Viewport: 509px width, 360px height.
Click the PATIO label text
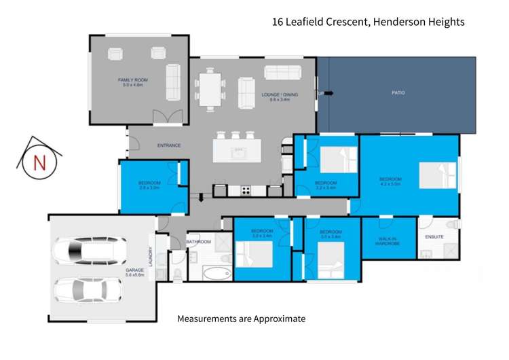[398, 92]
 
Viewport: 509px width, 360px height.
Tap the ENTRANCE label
[169, 145]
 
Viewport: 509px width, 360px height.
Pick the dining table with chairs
[210, 89]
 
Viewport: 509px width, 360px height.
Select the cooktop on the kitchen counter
[245, 189]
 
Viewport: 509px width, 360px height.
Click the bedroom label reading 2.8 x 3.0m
[149, 185]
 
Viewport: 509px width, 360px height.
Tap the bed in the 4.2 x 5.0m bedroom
[437, 175]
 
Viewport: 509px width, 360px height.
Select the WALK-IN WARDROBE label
[388, 240]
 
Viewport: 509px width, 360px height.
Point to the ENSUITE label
[434, 237]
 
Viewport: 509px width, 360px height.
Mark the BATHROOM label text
[199, 242]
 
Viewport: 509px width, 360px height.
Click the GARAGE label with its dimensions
[134, 272]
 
